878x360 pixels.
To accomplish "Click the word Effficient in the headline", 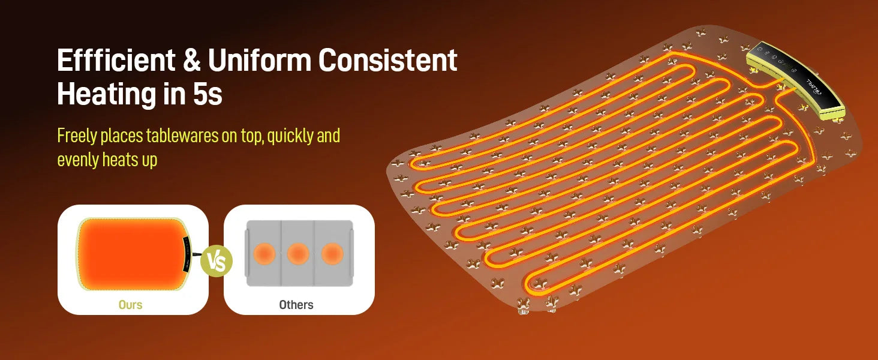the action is click(116, 60).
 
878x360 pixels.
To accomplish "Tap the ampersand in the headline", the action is click(191, 60).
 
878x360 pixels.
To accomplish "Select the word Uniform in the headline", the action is click(260, 60).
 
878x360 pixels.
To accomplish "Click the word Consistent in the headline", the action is click(387, 60).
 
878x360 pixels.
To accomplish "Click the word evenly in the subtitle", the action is click(77, 160).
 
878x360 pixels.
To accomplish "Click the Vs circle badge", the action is click(217, 261).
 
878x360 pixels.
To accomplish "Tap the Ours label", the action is click(131, 305).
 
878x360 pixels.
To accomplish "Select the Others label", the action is click(296, 305).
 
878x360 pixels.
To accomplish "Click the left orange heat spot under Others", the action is click(264, 253).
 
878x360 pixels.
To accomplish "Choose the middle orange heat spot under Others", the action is click(298, 253).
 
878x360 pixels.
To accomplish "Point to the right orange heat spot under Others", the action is click(332, 253).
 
